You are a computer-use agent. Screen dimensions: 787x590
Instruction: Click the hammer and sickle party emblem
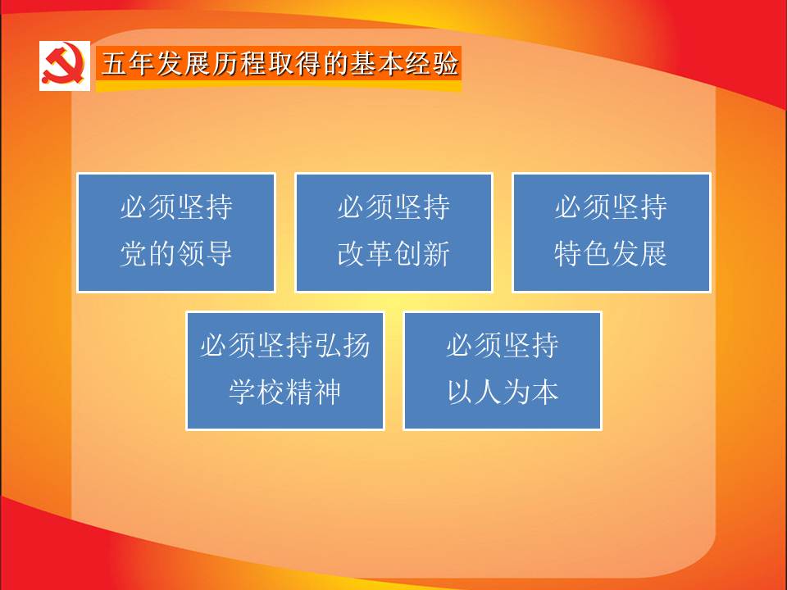point(64,66)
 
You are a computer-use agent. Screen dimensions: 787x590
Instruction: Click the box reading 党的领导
point(176,232)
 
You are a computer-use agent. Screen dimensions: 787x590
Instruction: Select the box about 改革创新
point(393,232)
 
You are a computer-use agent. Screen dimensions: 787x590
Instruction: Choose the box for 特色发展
point(612,232)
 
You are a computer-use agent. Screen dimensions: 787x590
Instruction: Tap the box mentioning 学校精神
point(285,370)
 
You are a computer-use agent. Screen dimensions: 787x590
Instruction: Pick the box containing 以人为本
point(503,370)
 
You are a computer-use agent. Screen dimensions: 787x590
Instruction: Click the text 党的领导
point(176,253)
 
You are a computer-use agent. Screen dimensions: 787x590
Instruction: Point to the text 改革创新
point(393,253)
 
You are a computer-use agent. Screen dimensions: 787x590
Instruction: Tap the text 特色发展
point(612,253)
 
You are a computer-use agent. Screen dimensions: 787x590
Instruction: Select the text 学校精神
point(285,392)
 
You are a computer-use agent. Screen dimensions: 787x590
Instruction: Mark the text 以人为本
point(503,392)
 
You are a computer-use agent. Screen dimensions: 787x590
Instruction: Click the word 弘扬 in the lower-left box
point(343,346)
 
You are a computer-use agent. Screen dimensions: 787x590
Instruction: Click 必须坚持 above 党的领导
point(176,207)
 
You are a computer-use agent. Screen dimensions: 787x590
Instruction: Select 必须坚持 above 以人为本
point(503,346)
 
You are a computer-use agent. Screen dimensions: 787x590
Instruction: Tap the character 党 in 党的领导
point(134,253)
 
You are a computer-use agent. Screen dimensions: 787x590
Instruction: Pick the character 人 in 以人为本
point(489,392)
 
